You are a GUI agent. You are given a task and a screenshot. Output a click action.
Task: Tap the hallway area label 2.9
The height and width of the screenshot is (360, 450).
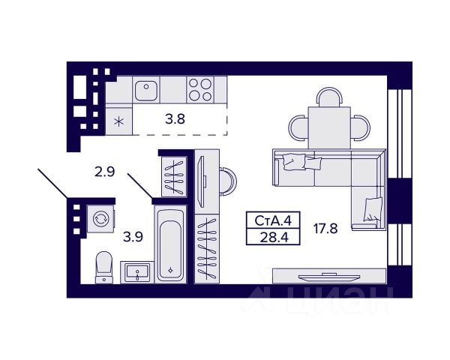tap(104, 172)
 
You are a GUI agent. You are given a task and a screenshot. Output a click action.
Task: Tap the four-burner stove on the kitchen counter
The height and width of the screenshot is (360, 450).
tap(201, 90)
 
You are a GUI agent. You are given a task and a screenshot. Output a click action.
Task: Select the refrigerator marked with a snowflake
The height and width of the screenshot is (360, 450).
tap(118, 118)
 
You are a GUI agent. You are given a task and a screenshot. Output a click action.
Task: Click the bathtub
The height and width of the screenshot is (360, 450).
tap(172, 244)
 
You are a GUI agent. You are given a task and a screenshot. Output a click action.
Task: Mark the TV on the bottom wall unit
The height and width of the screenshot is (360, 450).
tap(328, 277)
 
